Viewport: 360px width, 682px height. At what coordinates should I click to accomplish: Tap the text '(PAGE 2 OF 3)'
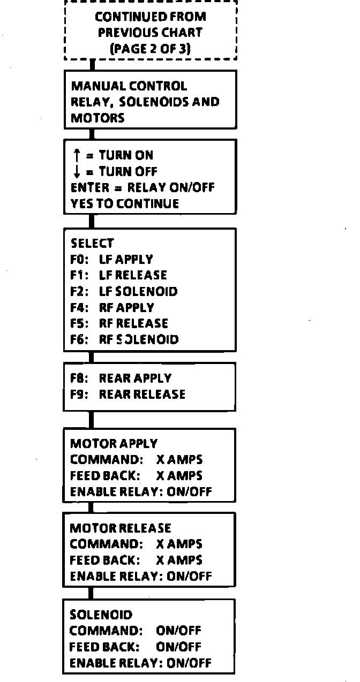[150, 48]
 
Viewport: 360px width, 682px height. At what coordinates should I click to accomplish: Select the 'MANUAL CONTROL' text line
[129, 86]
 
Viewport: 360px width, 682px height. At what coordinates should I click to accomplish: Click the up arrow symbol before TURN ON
[76, 156]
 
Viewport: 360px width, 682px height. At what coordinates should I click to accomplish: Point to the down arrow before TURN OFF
[76, 172]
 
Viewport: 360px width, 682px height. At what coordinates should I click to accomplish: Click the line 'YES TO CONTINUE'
[125, 204]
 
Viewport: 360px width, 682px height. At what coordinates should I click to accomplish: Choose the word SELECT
[92, 244]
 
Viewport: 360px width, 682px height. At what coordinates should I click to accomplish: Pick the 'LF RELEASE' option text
[133, 276]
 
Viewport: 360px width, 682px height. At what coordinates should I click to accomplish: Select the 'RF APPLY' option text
[126, 308]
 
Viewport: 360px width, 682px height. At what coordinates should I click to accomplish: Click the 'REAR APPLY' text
[135, 378]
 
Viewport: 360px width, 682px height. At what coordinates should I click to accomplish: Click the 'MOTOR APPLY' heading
[114, 444]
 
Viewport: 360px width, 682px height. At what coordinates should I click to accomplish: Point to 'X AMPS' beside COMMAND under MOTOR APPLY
[179, 460]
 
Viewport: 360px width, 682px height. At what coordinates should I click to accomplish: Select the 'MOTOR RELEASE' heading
[121, 528]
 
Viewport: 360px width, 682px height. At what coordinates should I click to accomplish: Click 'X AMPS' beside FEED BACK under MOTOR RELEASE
[179, 560]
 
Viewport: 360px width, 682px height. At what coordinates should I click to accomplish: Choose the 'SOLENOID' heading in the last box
[101, 615]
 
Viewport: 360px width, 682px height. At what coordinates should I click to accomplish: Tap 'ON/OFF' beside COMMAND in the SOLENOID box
[178, 631]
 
